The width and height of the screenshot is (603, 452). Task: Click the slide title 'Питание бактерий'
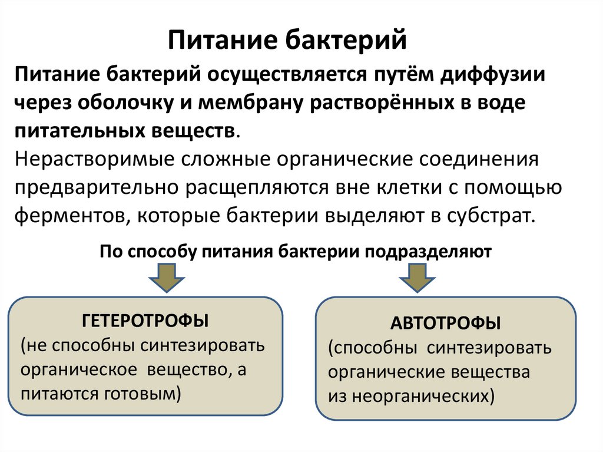[288, 42]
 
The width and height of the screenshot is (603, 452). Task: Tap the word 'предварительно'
[97, 187]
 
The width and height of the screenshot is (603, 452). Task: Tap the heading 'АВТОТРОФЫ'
[446, 324]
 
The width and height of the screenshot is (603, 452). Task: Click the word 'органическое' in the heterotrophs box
[74, 369]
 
